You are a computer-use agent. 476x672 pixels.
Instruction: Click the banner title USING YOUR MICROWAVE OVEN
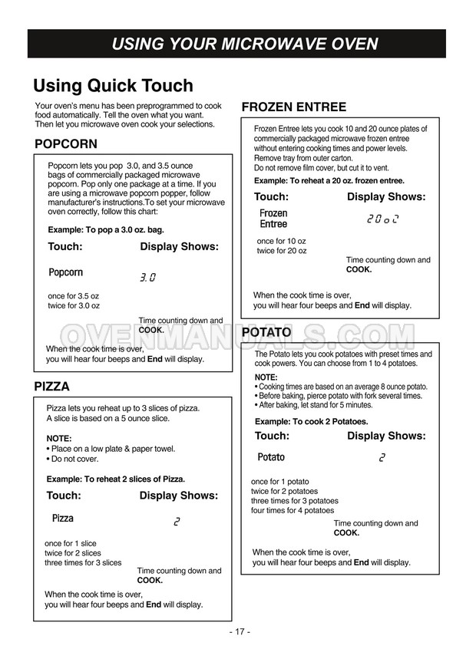coord(244,44)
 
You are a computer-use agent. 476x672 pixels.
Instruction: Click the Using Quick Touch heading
coord(113,85)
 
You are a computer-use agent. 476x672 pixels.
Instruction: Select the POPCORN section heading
coord(66,144)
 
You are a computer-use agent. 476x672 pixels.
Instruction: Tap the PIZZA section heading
coord(51,387)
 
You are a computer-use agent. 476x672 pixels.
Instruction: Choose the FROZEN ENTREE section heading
coord(294,107)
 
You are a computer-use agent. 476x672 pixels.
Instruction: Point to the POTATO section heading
coord(266,333)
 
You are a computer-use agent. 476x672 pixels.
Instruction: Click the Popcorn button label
coord(65,272)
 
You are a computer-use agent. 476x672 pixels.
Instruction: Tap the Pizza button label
coord(63,519)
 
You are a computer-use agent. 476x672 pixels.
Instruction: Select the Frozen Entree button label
coord(273,219)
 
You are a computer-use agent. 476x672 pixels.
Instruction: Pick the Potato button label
coord(271,457)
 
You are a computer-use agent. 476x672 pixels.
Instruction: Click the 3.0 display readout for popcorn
coord(147,278)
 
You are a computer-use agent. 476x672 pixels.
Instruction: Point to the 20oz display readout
coord(383,219)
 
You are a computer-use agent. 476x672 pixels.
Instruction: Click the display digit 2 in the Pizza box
coord(177,522)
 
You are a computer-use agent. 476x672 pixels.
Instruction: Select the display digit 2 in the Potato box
coord(382,458)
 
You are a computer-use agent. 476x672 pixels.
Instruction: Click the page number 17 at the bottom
coord(240,631)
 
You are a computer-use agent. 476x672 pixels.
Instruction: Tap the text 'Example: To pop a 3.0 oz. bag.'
coord(106,229)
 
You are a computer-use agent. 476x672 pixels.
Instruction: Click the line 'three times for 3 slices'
coord(83,562)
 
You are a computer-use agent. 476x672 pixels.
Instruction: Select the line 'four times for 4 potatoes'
coord(293,510)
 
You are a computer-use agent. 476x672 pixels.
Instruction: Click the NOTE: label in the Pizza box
coord(59,439)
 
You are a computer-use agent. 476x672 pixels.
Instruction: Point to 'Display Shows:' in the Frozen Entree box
coord(385,197)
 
